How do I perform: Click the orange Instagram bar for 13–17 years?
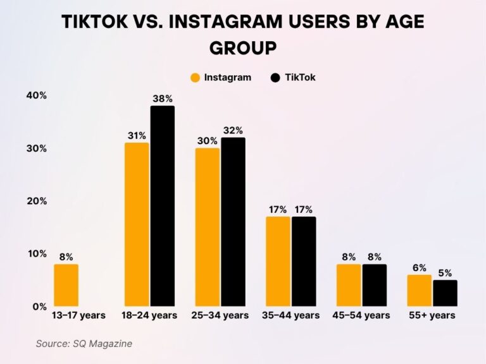66,285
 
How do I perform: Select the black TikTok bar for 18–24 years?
163,206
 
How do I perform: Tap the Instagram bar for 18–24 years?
137,224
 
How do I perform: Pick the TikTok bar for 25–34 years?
233,222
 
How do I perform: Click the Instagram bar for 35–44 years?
278,262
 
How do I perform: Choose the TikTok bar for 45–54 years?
374,285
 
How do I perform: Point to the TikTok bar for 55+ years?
445,293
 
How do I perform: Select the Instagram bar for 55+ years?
419,291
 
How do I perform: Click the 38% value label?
163,99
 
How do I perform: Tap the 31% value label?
137,135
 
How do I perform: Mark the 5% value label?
445,273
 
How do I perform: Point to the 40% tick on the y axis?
36,95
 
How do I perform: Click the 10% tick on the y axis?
36,253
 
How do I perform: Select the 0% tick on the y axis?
39,306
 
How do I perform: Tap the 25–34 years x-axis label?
220,315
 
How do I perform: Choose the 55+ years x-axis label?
432,315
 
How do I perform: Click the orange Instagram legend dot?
195,78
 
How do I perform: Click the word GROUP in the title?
243,49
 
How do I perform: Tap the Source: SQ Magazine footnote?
84,343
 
